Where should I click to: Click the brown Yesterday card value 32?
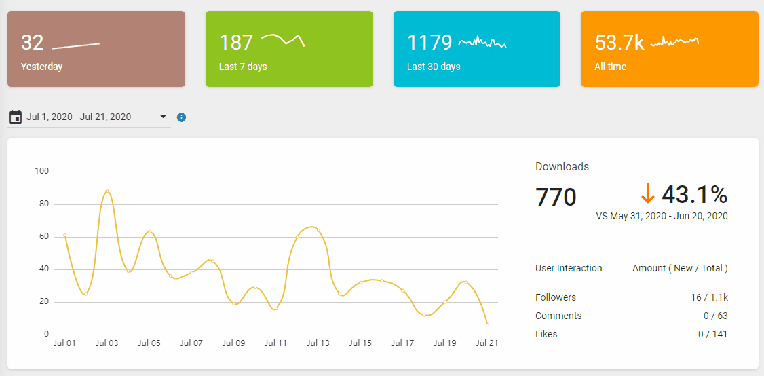33,43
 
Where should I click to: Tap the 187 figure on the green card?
236,43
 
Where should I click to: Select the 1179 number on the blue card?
429,43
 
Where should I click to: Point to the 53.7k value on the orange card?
619,43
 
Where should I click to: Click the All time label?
610,67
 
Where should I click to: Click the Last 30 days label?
434,67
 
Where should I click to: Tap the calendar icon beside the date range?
16,117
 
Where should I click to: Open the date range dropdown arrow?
163,117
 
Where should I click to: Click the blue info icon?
181,117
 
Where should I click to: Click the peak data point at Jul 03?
107,191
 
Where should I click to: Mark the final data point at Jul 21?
487,324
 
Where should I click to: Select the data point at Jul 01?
64,236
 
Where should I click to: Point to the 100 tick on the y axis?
42,171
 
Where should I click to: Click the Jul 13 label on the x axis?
318,343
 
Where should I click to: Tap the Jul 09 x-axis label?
233,343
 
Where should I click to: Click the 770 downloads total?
556,197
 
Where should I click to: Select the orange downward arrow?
647,194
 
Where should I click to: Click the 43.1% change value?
694,195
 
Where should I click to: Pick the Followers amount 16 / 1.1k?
708,297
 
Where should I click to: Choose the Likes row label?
546,334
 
